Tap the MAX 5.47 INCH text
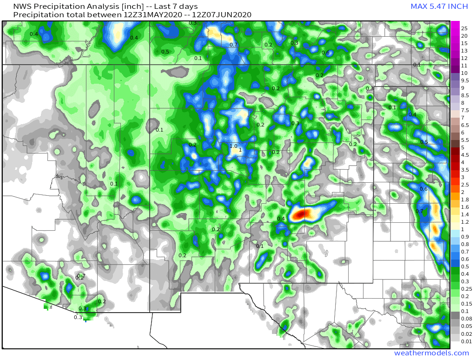[x=439, y=7]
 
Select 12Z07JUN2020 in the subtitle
[x=222, y=15]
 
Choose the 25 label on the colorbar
[x=464, y=28]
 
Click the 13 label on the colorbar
[x=464, y=51]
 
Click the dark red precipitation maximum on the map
[x=301, y=213]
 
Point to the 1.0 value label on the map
[x=233, y=146]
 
